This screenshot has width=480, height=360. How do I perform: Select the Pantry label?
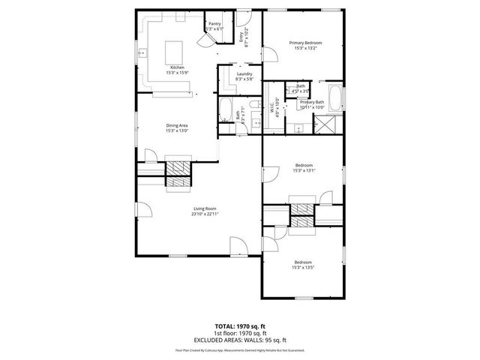tap(214, 25)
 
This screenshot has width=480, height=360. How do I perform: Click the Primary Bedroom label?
tap(305, 43)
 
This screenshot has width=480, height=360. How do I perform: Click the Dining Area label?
tap(176, 125)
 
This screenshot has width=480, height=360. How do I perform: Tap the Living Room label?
tap(204, 209)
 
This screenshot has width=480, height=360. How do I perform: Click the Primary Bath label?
tap(311, 102)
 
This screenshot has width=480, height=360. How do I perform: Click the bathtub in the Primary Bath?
tap(337, 98)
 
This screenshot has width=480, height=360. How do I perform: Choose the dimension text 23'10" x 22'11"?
tap(204, 214)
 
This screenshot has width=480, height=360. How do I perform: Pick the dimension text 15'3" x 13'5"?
tap(303, 267)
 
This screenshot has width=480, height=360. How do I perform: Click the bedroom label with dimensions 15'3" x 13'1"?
tap(304, 165)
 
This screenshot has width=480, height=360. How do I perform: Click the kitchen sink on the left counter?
tap(142, 52)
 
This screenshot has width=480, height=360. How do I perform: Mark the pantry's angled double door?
tap(208, 40)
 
